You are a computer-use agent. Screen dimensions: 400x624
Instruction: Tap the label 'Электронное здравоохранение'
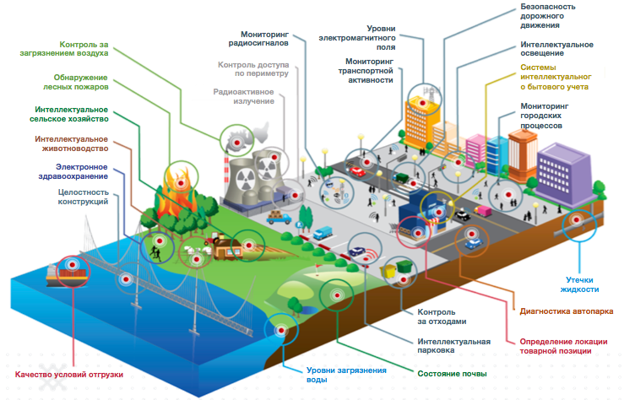pos(81,172)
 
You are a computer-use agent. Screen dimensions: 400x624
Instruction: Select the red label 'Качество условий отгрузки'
pos(69,374)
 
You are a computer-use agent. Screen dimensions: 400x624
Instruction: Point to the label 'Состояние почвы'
pos(452,373)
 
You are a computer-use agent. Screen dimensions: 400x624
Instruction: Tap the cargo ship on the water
pos(68,272)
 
